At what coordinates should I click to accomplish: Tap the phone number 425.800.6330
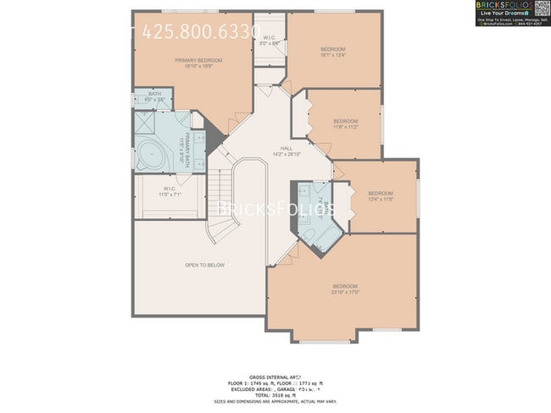click(201, 32)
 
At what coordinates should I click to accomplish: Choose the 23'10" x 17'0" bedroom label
click(344, 289)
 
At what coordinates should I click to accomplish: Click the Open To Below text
click(205, 265)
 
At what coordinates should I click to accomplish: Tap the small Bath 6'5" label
click(154, 97)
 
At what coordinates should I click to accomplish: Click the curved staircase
click(223, 203)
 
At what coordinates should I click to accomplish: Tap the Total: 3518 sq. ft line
click(275, 394)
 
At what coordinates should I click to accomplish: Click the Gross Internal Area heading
click(275, 377)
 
